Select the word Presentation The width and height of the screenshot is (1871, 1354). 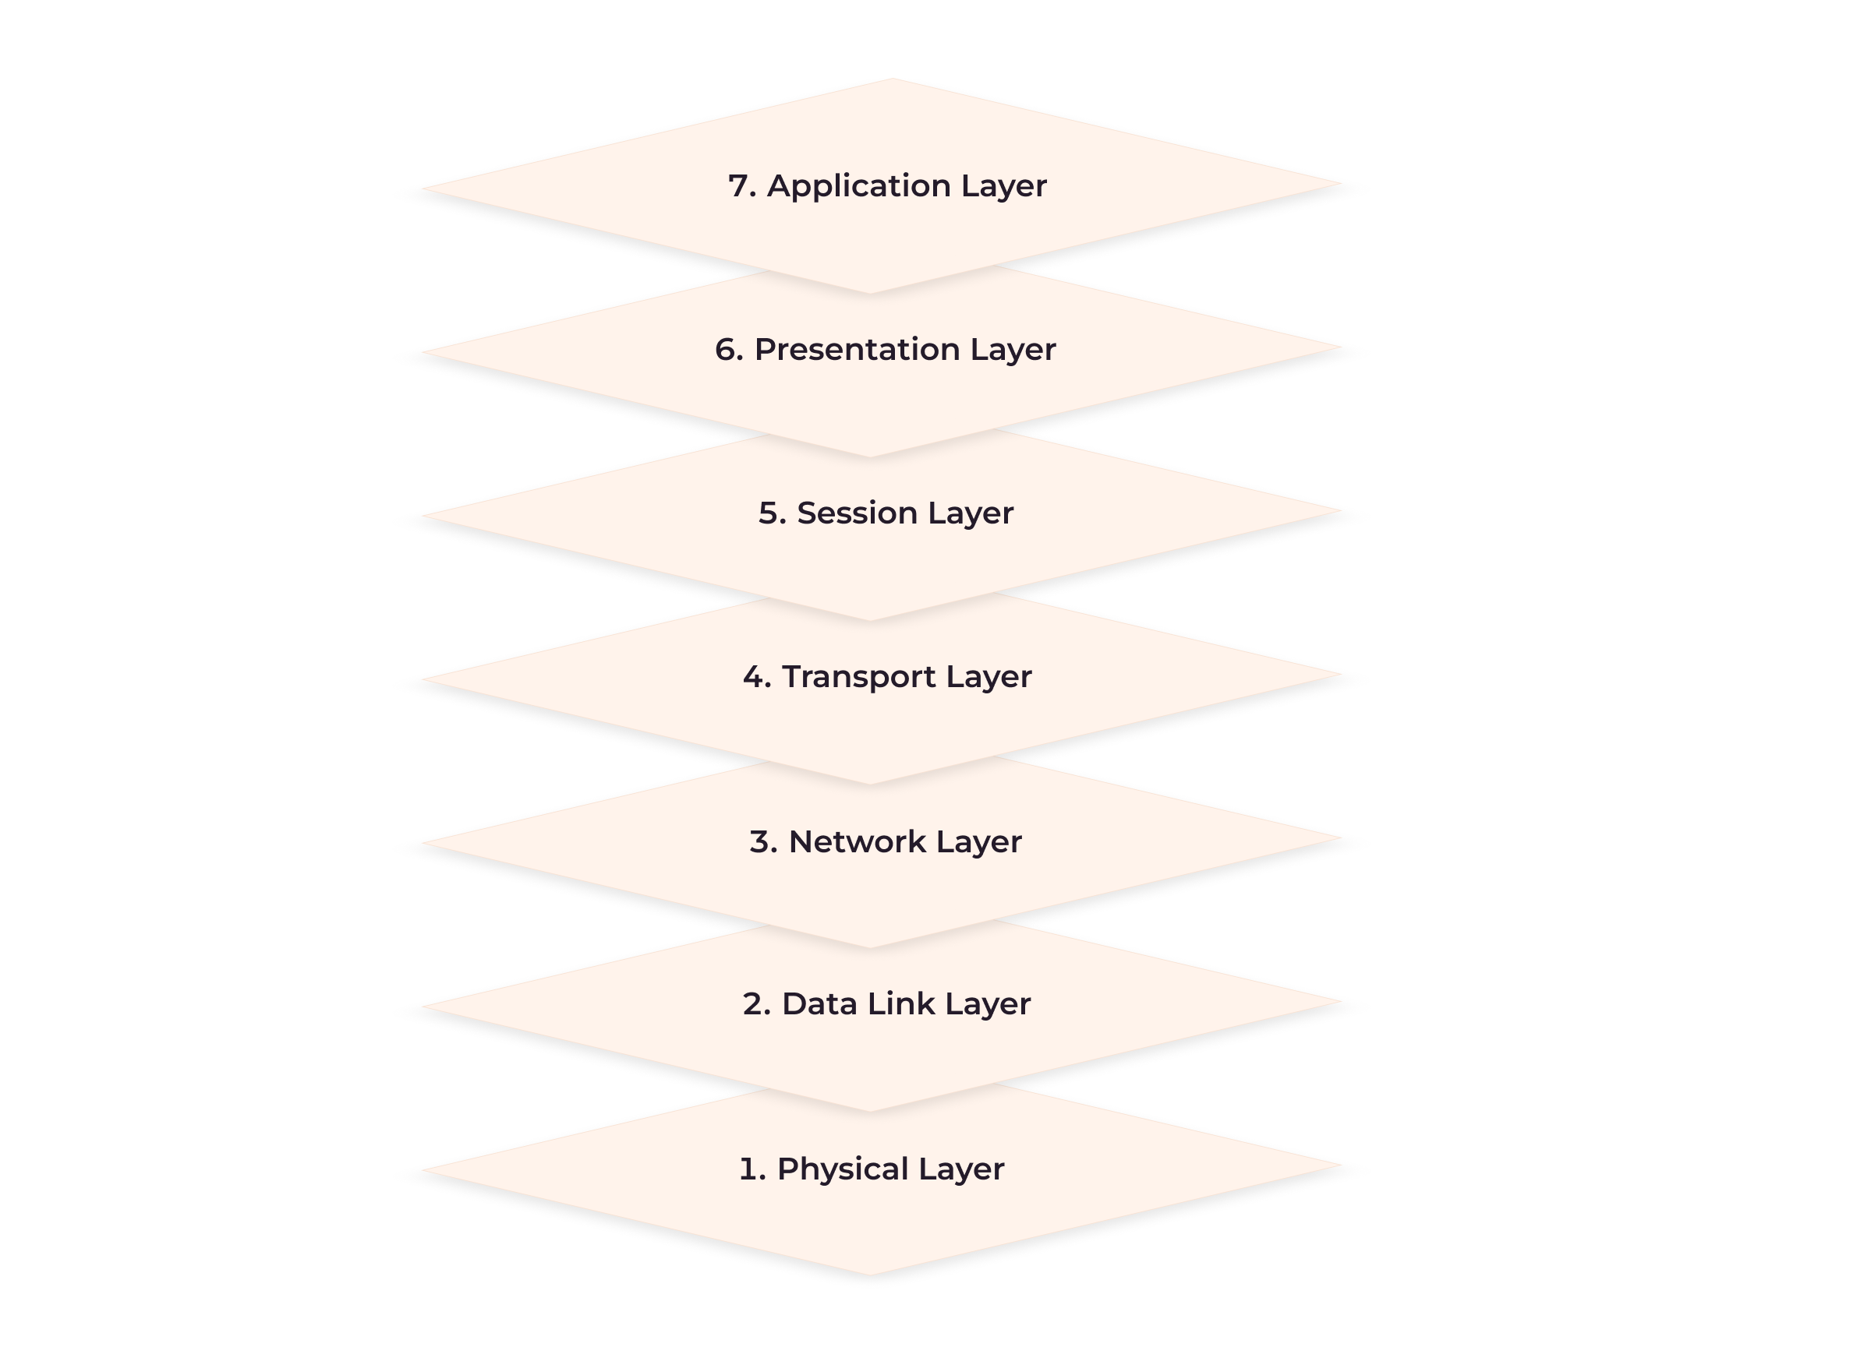click(x=857, y=350)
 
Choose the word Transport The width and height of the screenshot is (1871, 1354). click(x=859, y=678)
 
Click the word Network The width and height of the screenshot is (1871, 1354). click(x=857, y=842)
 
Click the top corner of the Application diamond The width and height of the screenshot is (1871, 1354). click(x=893, y=79)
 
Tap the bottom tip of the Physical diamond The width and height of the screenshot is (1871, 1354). click(x=869, y=1275)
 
